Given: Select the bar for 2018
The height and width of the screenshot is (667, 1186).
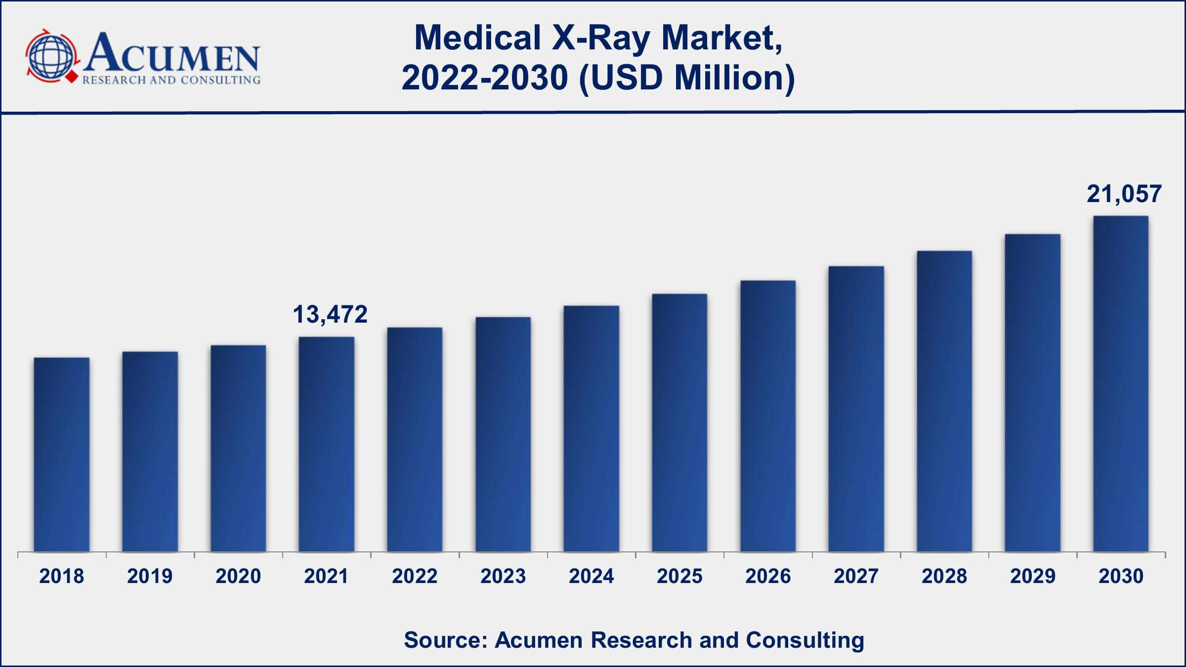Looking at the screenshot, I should pyautogui.click(x=62, y=455).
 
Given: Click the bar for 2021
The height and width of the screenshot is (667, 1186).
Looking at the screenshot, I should pyautogui.click(x=327, y=445).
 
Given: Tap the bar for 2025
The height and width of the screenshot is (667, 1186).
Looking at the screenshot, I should pyautogui.click(x=679, y=423).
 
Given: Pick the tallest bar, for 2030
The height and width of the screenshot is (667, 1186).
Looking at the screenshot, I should pyautogui.click(x=1121, y=384).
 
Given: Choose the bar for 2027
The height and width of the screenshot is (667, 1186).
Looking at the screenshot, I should pyautogui.click(x=856, y=409).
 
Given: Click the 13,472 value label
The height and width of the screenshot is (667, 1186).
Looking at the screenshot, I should pyautogui.click(x=330, y=315).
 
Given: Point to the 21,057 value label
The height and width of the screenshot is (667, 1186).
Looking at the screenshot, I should pyautogui.click(x=1124, y=194).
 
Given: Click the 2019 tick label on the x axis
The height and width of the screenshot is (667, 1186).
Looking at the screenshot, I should pyautogui.click(x=150, y=576).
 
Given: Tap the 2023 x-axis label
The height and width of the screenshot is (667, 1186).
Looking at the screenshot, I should pyautogui.click(x=503, y=576).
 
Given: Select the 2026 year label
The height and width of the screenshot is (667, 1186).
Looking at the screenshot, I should pyautogui.click(x=768, y=576).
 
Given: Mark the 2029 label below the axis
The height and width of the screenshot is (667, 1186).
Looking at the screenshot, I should pyautogui.click(x=1033, y=576).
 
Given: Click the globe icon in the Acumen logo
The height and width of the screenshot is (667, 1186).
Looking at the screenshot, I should pyautogui.click(x=51, y=56).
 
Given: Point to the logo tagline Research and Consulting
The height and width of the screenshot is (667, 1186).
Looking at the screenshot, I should pyautogui.click(x=171, y=80).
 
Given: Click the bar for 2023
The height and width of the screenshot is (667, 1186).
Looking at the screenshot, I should pyautogui.click(x=503, y=435).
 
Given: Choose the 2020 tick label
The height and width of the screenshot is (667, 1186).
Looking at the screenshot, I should pyautogui.click(x=238, y=576).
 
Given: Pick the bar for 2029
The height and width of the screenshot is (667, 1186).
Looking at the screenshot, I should pyautogui.click(x=1033, y=393).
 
